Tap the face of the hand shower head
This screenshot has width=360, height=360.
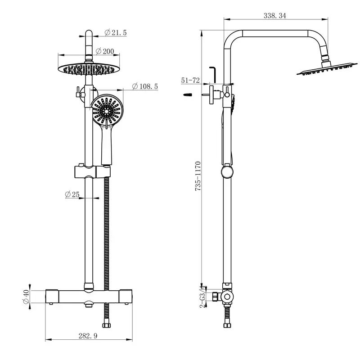click(x=107, y=110)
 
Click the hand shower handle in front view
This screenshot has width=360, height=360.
click(x=107, y=146)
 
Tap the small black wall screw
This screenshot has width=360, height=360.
click(x=188, y=95)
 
